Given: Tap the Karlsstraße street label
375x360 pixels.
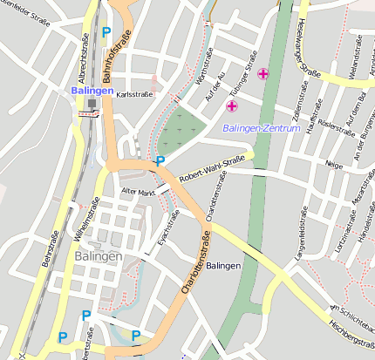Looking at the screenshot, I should click(134, 92).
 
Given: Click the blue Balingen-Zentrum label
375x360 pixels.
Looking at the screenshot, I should click(261, 128).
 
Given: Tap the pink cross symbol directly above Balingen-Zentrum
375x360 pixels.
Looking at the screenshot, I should click(232, 106).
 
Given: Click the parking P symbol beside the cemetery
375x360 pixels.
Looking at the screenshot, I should click(159, 161).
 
